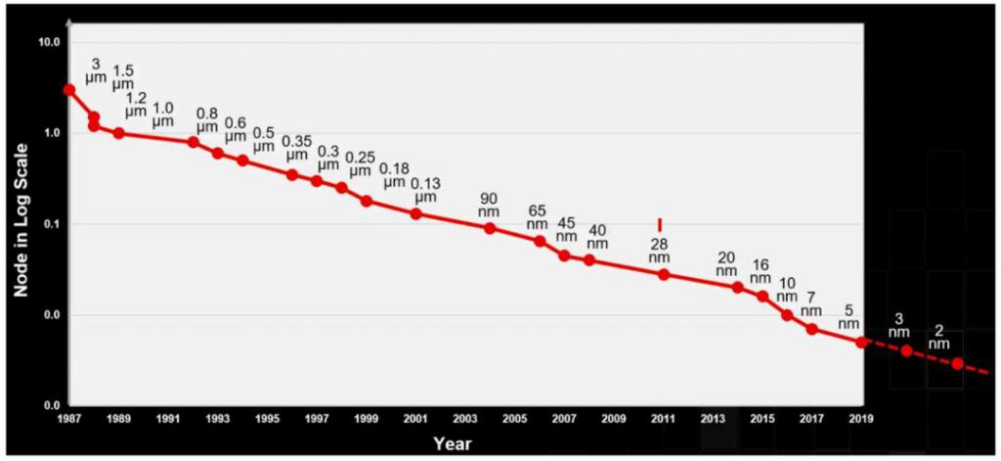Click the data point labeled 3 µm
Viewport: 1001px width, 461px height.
point(68,90)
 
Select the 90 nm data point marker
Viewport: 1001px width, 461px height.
point(490,228)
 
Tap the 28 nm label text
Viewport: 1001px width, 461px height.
point(660,251)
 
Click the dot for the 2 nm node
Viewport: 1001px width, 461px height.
point(958,363)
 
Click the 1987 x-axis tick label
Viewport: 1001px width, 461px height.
point(68,419)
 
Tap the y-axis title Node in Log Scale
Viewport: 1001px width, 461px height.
point(20,224)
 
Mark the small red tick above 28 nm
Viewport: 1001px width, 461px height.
point(660,224)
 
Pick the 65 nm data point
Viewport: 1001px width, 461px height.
point(540,241)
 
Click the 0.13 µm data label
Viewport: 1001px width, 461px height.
point(425,191)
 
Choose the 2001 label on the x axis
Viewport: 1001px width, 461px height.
point(415,419)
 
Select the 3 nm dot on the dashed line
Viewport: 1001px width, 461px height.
point(907,350)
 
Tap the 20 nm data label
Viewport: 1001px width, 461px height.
point(725,264)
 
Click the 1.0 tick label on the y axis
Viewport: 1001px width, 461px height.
point(49,133)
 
